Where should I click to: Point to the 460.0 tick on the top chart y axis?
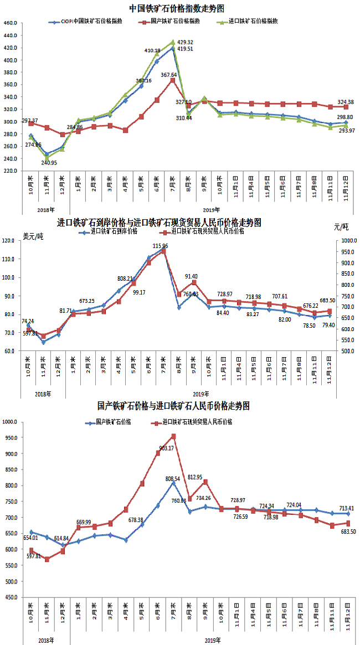click(x=11, y=23)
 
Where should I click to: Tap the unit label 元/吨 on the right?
click(x=342, y=227)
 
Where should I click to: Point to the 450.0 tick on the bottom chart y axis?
click(x=11, y=597)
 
